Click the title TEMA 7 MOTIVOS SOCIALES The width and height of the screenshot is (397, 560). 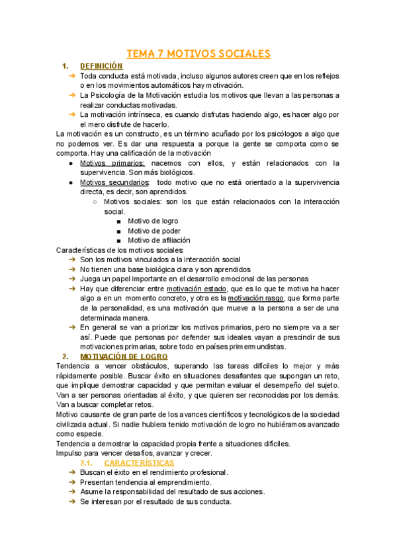[198, 53]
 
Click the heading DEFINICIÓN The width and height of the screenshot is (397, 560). [101, 66]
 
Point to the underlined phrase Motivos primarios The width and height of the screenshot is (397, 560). [112, 162]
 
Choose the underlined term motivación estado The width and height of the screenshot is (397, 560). [196, 289]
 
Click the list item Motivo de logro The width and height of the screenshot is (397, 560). [153, 221]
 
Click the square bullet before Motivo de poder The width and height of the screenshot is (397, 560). [118, 231]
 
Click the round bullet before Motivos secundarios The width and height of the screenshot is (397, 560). [71, 182]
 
